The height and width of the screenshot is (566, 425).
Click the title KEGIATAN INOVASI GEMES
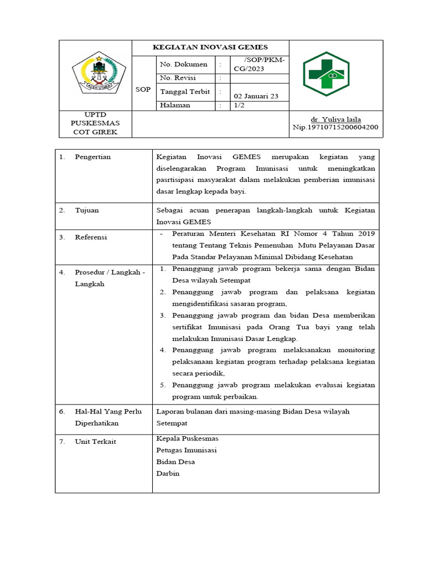tap(210, 48)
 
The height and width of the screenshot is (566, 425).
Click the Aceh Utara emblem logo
tap(95, 74)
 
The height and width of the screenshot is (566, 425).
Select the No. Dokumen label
tap(184, 65)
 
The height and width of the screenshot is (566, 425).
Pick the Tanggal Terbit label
tap(185, 91)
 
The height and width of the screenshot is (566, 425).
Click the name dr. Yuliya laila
tap(335, 119)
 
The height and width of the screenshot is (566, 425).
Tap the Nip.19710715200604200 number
tap(335, 127)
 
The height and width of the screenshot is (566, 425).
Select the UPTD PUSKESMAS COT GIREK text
tap(95, 123)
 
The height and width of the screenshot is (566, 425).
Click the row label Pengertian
tap(92, 157)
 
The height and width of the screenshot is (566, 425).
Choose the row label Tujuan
tap(87, 211)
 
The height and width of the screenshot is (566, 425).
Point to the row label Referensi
tap(91, 237)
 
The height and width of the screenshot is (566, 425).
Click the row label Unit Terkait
tap(95, 442)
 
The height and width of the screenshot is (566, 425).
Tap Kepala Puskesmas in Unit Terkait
tap(187, 438)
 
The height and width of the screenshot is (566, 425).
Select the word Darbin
tap(168, 474)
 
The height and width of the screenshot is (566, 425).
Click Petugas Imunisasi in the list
tap(186, 450)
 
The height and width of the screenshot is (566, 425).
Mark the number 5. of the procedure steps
tap(163, 385)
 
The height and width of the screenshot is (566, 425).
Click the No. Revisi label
tap(178, 78)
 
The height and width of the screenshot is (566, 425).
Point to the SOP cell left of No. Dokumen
tap(143, 90)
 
